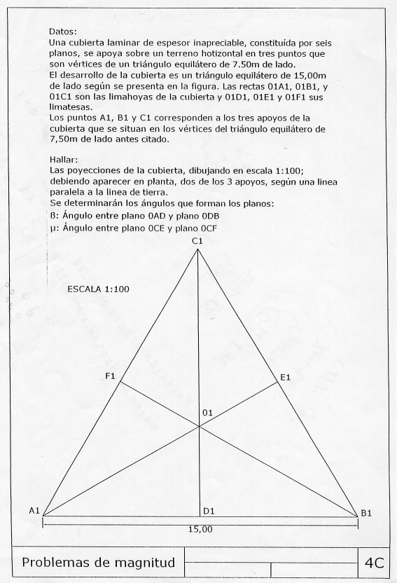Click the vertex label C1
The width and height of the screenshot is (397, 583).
coord(197,240)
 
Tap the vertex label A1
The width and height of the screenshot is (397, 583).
coord(34,511)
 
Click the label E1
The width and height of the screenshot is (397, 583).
coord(285,378)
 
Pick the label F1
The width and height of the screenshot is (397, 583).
coord(110,377)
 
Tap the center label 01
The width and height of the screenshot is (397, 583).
coord(207,413)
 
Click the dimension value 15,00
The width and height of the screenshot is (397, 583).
coord(200,529)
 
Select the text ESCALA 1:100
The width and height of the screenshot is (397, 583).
coord(98,289)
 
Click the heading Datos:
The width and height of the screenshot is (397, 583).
coord(63,32)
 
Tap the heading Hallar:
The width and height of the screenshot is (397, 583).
coord(65,159)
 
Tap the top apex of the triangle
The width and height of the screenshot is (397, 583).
coord(197,249)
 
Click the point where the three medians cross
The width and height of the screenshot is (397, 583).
coord(200,427)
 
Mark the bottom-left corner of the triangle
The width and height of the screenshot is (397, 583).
coord(43,516)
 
